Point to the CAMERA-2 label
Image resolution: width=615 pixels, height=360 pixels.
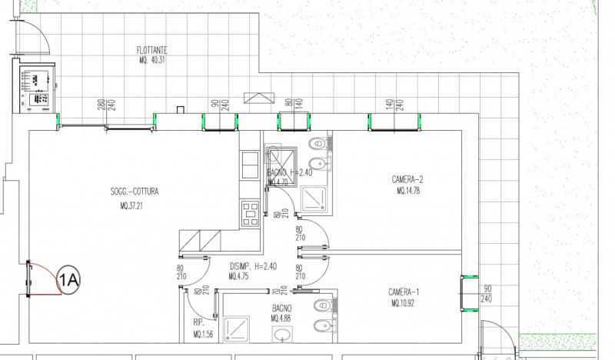(407, 180)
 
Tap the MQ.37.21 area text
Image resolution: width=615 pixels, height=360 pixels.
(134, 206)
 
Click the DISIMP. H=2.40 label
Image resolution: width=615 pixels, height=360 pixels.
(253, 267)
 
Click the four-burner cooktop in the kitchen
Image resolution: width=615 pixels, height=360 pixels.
(251, 213)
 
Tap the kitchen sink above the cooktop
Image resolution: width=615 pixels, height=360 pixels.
(251, 165)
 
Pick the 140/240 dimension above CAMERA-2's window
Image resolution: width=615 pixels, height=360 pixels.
(394, 105)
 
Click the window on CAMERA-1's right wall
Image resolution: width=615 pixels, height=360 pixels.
(467, 294)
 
